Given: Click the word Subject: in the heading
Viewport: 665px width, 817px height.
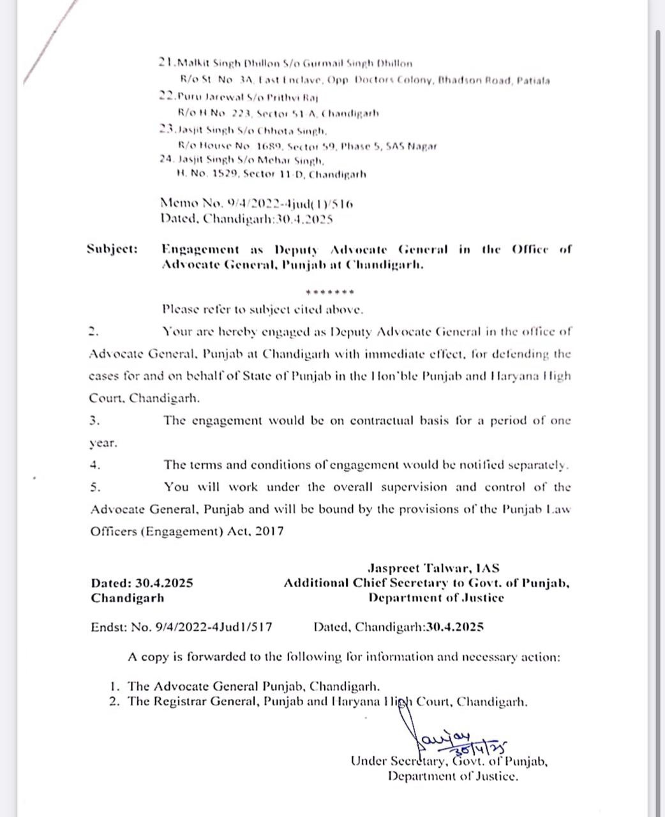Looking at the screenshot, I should (x=112, y=250).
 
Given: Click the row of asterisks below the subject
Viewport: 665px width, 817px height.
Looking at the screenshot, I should (x=330, y=292).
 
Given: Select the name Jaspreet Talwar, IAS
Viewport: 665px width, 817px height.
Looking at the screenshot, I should (x=433, y=567).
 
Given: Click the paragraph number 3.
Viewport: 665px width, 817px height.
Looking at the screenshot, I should (x=94, y=421).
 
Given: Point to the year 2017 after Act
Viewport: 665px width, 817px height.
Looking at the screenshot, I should (x=270, y=531).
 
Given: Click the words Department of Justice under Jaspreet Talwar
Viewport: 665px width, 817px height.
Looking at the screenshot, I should (x=436, y=598).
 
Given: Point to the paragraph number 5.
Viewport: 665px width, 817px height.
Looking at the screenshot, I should (x=95, y=487).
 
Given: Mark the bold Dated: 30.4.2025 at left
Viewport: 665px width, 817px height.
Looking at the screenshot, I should (x=142, y=583).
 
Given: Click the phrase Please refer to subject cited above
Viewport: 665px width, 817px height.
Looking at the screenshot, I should (x=263, y=310).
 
